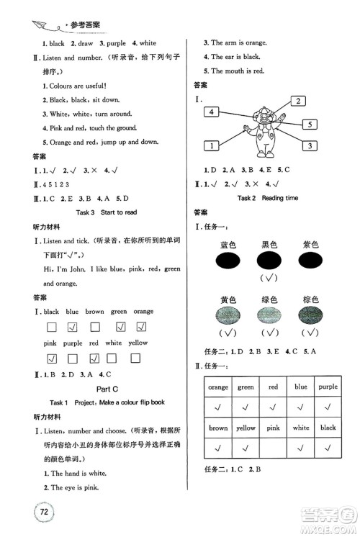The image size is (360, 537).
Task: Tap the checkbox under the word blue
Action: (x=72, y=327)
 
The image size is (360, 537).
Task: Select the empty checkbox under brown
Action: (x=94, y=327)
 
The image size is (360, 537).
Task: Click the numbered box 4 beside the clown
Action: (x=211, y=112)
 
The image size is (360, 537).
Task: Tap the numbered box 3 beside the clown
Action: (x=310, y=146)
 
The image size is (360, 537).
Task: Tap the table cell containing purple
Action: (x=328, y=387)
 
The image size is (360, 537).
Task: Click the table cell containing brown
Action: (x=218, y=428)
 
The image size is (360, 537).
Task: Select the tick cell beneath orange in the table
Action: (x=218, y=406)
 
